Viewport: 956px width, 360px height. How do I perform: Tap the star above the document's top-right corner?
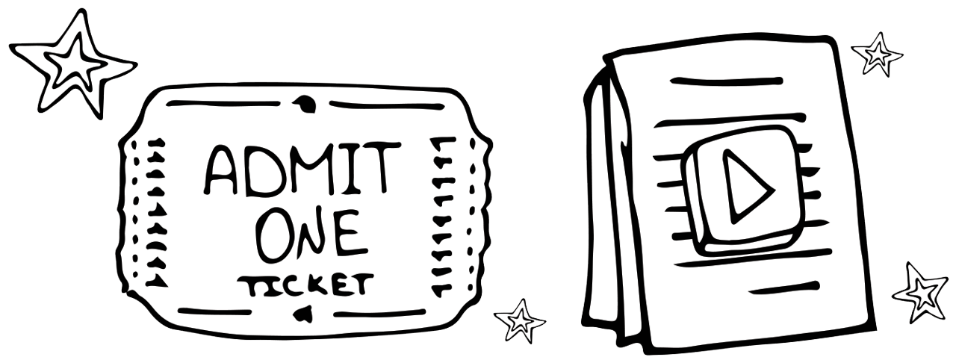point(877,53)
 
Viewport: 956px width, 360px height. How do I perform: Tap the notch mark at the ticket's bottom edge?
point(302,314)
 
